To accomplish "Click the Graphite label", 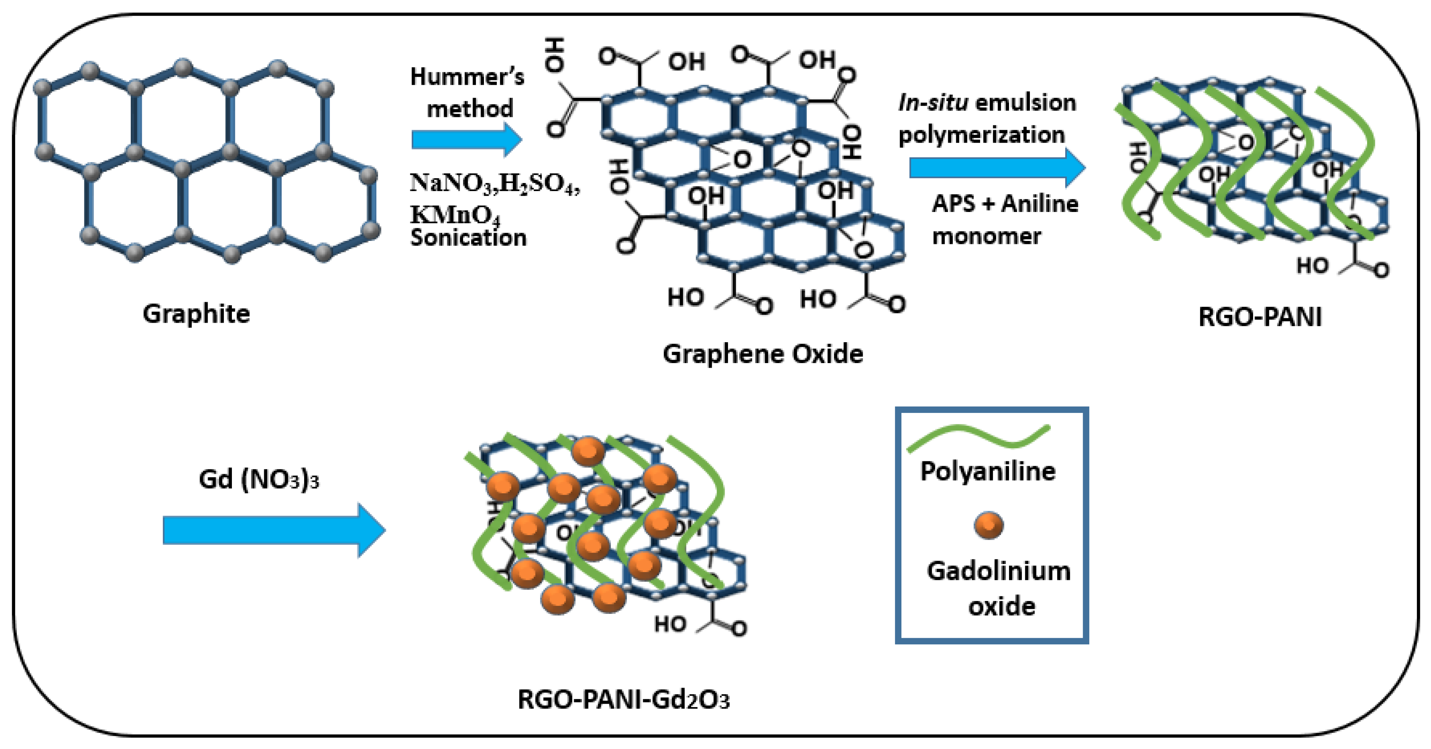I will point(196,314).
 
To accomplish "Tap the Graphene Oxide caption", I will point(763,354).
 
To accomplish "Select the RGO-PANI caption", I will point(1259,317).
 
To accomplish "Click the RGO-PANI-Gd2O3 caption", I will point(623,699).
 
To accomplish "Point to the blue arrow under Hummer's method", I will point(465,139).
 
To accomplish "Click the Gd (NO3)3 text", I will point(259,479).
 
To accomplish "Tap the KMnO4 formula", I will point(455,214).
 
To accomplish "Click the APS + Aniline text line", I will point(1004,204).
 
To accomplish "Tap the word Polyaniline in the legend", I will point(987,471).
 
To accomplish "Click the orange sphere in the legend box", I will point(989,525).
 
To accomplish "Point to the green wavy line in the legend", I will point(978,437).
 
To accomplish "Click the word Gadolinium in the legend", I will point(998,571).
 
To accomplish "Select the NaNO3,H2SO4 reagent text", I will point(494,183).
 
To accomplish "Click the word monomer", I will point(986,236).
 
